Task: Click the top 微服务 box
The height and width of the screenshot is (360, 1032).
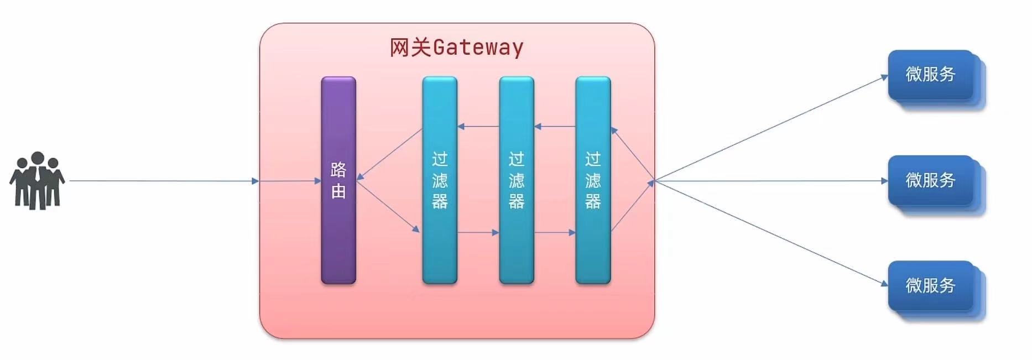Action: [930, 75]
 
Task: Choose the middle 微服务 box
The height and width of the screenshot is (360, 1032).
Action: [930, 180]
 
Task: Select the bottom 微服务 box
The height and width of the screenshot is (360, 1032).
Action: [930, 285]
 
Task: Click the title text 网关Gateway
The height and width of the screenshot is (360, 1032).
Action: [456, 48]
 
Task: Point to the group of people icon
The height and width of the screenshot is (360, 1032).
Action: [37, 180]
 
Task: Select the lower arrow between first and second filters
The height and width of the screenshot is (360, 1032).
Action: [478, 233]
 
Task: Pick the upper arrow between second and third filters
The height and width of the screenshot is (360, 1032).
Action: [555, 127]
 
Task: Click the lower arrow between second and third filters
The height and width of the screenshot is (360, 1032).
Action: [555, 233]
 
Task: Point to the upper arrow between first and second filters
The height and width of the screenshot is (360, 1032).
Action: [478, 127]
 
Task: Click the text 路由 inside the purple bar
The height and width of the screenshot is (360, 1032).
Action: [338, 180]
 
